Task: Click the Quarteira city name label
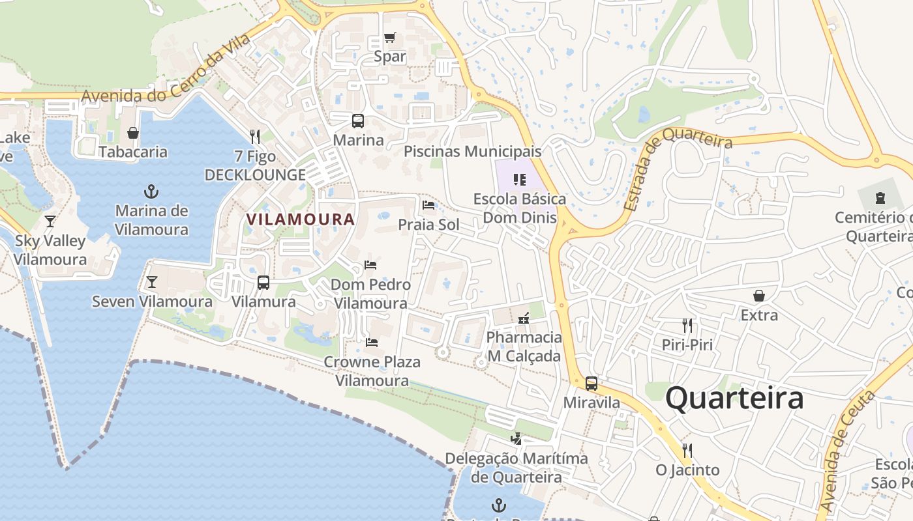[x=734, y=398]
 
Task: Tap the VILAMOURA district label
[x=301, y=219]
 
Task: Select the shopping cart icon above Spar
[x=390, y=37]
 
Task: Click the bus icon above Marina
[x=358, y=120]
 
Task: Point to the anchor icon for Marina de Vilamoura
[x=151, y=191]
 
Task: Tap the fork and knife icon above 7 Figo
[x=255, y=137]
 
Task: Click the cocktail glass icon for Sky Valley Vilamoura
[x=50, y=221]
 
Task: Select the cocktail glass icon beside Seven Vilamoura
[x=152, y=282]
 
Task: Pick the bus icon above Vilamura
[x=263, y=283]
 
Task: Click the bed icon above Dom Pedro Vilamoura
[x=370, y=265]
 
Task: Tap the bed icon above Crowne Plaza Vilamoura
[x=372, y=342]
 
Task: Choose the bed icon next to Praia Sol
[x=428, y=205]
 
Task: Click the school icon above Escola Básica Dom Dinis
[x=520, y=179]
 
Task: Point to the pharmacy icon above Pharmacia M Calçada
[x=524, y=318]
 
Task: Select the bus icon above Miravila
[x=591, y=384]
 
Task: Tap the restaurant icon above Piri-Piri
[x=687, y=325]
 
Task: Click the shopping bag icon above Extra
[x=759, y=296]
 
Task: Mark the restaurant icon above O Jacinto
[x=687, y=450]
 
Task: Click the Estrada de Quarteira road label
[x=678, y=169]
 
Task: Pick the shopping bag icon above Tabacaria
[x=133, y=133]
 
